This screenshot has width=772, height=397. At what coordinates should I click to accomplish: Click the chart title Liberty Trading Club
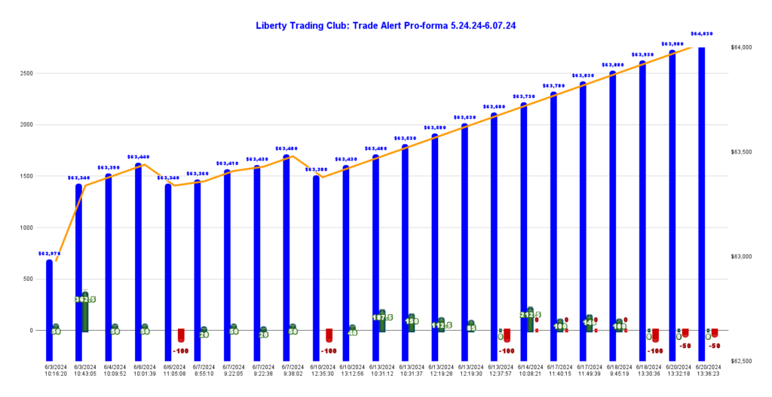point(386,26)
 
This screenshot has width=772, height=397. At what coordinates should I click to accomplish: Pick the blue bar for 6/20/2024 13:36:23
point(701,188)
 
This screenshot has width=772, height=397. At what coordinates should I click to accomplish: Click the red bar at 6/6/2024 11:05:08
point(181,335)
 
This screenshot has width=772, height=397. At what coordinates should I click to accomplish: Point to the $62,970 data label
point(50,254)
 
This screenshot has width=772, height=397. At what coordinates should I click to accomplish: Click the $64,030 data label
point(702,34)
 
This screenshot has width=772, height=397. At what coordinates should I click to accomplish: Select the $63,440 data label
point(139,157)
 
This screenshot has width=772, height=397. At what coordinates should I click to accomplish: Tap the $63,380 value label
point(316,169)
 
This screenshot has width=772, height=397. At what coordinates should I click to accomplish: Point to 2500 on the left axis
point(26,73)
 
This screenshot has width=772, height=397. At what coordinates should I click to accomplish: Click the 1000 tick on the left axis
point(26,228)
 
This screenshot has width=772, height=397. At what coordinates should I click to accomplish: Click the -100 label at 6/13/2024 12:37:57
point(507,351)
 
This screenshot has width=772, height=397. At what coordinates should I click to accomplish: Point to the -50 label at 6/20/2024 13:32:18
point(685,346)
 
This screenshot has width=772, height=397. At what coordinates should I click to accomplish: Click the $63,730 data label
point(524,96)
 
